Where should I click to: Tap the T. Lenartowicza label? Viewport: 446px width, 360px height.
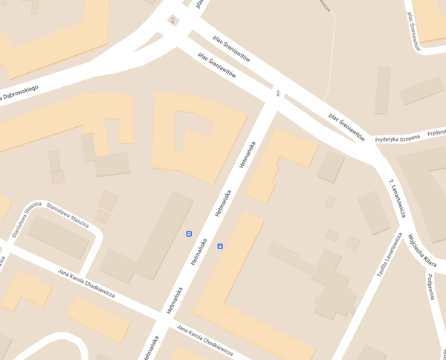(x=397, y=198)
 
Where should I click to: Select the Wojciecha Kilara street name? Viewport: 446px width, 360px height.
(x=421, y=251)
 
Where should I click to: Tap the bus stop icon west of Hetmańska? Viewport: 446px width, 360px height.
(x=189, y=234)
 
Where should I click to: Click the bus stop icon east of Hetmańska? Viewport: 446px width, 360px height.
(x=220, y=245)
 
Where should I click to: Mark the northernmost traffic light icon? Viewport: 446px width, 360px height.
(x=173, y=21)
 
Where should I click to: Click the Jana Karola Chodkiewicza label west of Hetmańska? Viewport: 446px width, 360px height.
(x=86, y=283)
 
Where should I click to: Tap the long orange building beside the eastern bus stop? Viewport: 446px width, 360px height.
(x=245, y=286)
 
